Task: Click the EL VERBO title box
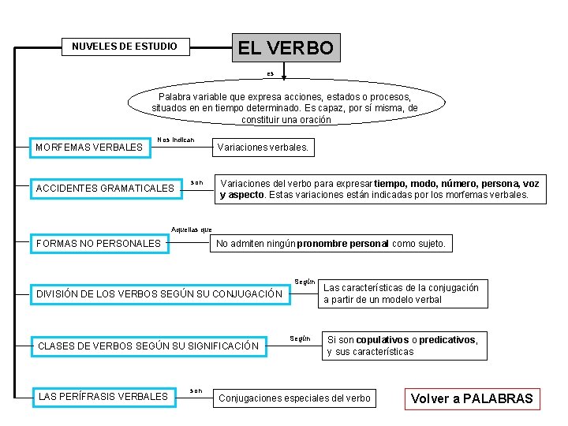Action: pos(285,47)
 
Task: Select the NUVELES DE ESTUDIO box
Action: pos(125,47)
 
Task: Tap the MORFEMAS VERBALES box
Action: pos(89,148)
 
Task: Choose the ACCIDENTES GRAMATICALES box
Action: pos(105,189)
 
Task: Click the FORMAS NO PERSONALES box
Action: pos(99,244)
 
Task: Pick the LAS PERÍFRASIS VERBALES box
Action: pos(103,396)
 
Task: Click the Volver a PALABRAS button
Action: pos(473,398)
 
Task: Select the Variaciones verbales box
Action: pos(263,148)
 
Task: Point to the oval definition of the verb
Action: pos(285,103)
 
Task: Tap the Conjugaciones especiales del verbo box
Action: pos(293,398)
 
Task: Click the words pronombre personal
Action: pos(343,244)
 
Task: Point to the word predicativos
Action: pos(447,340)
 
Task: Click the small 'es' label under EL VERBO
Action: pos(270,73)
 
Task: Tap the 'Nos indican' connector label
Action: pos(175,140)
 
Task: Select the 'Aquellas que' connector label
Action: pos(192,229)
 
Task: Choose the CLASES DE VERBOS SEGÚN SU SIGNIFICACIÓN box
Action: pos(148,346)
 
